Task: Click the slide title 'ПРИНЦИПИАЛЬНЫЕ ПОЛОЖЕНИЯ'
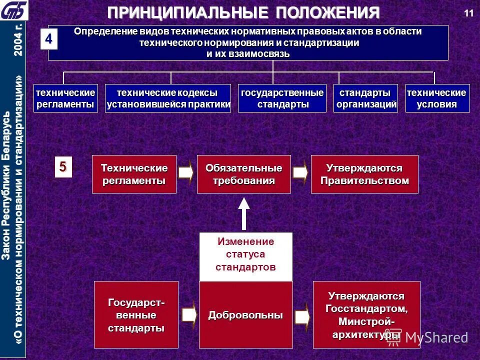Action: click(x=243, y=12)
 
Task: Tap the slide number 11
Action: click(x=468, y=13)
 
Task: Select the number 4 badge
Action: click(x=49, y=40)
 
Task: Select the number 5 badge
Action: click(x=63, y=166)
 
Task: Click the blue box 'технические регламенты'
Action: click(x=65, y=98)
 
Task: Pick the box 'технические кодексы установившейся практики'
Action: click(x=168, y=98)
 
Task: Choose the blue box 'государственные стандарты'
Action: click(x=282, y=98)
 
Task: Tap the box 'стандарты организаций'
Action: click(x=366, y=98)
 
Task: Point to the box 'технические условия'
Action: click(x=437, y=98)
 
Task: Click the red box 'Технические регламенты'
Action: click(x=134, y=174)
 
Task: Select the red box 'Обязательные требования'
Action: click(x=243, y=174)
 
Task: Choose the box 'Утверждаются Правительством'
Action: click(x=364, y=174)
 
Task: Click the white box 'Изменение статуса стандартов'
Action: click(x=245, y=254)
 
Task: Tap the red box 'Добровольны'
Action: click(x=245, y=315)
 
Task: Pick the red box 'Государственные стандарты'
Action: click(x=136, y=315)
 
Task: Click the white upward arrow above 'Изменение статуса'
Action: click(x=243, y=212)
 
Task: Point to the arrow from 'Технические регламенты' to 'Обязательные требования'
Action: click(x=186, y=172)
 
